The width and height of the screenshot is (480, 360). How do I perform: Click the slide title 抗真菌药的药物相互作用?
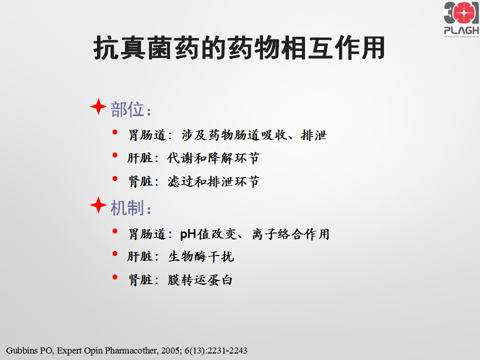click(239, 48)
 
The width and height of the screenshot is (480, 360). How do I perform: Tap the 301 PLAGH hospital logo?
click(461, 19)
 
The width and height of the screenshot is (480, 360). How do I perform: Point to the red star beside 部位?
click(98, 106)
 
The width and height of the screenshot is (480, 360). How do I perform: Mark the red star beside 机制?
click(98, 205)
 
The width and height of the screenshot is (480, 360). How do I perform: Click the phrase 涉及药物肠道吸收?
click(234, 135)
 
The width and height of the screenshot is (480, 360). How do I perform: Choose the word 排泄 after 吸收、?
click(314, 135)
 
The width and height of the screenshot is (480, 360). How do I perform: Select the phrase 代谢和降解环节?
click(213, 158)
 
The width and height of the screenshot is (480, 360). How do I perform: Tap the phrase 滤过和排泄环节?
click(213, 181)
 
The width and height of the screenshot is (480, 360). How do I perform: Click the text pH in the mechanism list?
click(188, 234)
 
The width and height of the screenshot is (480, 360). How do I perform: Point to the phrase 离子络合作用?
click(290, 234)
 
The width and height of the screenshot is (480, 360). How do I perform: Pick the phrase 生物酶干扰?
click(201, 256)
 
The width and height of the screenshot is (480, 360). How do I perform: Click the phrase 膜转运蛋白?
click(200, 280)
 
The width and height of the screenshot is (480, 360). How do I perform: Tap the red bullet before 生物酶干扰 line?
click(115, 254)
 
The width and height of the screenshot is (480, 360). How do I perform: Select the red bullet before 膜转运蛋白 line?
click(115, 277)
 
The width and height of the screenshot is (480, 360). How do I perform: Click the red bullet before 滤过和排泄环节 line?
click(115, 178)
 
